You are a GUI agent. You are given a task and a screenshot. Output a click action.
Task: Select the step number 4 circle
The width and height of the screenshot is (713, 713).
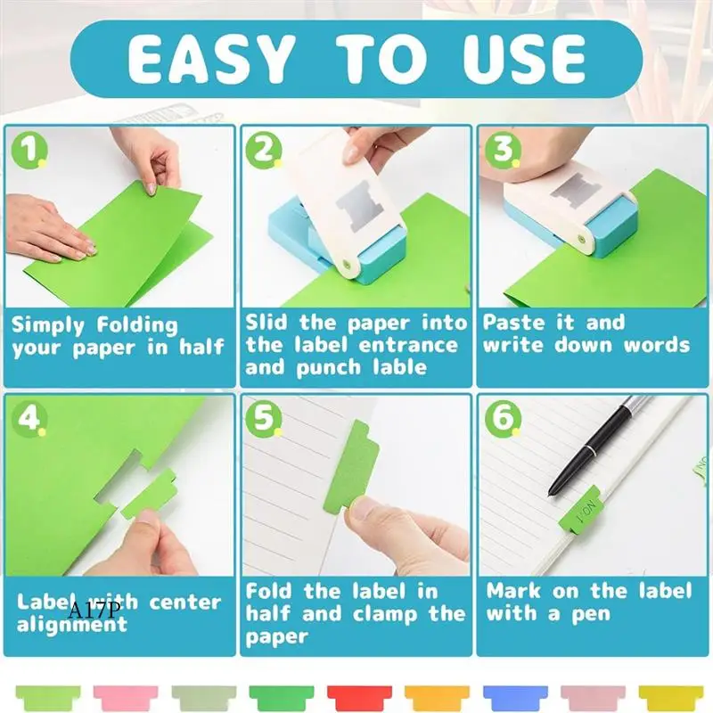pos(28,419)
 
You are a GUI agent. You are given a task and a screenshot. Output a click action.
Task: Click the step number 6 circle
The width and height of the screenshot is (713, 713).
pos(501,419)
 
